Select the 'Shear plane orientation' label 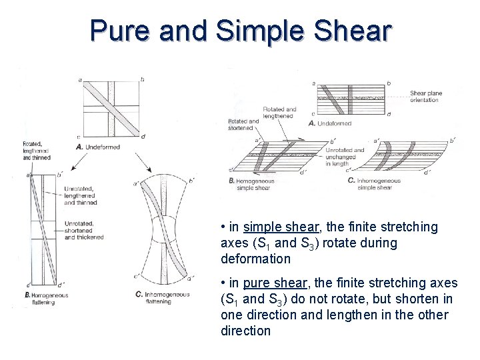pyautogui.click(x=425, y=97)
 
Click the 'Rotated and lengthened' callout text pyautogui.click(x=280, y=112)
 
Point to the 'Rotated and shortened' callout pyautogui.click(x=243, y=125)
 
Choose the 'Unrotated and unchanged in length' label pyautogui.click(x=345, y=156)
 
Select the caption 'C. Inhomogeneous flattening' pyautogui.click(x=162, y=297)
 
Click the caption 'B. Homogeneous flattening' pyautogui.click(x=45, y=297)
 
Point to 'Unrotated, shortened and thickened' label pyautogui.click(x=83, y=229)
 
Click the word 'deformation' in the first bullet pyautogui.click(x=255, y=258)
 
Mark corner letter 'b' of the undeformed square pyautogui.click(x=141, y=80)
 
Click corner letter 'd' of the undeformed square pyautogui.click(x=142, y=137)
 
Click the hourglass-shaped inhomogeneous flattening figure pyautogui.click(x=163, y=230)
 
